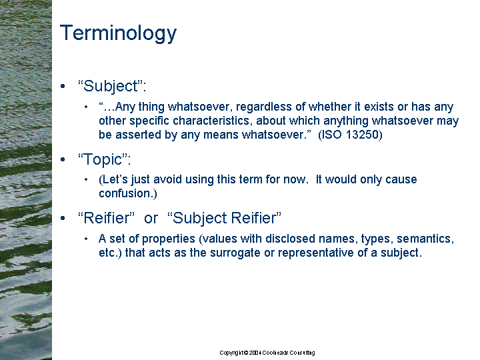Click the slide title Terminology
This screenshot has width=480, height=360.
pos(118,33)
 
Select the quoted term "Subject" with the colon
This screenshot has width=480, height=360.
pos(112,86)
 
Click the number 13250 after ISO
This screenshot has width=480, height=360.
pos(364,135)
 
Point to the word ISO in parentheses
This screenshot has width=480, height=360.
pos(330,135)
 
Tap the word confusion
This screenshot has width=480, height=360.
pos(125,193)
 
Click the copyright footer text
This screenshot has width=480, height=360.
pos(267,353)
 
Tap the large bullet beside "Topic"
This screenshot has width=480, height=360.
pos(63,159)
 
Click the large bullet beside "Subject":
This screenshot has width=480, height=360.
pos(63,86)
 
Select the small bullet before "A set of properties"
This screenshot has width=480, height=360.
pos(86,239)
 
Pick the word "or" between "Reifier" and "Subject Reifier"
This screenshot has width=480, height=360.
pos(151,218)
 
